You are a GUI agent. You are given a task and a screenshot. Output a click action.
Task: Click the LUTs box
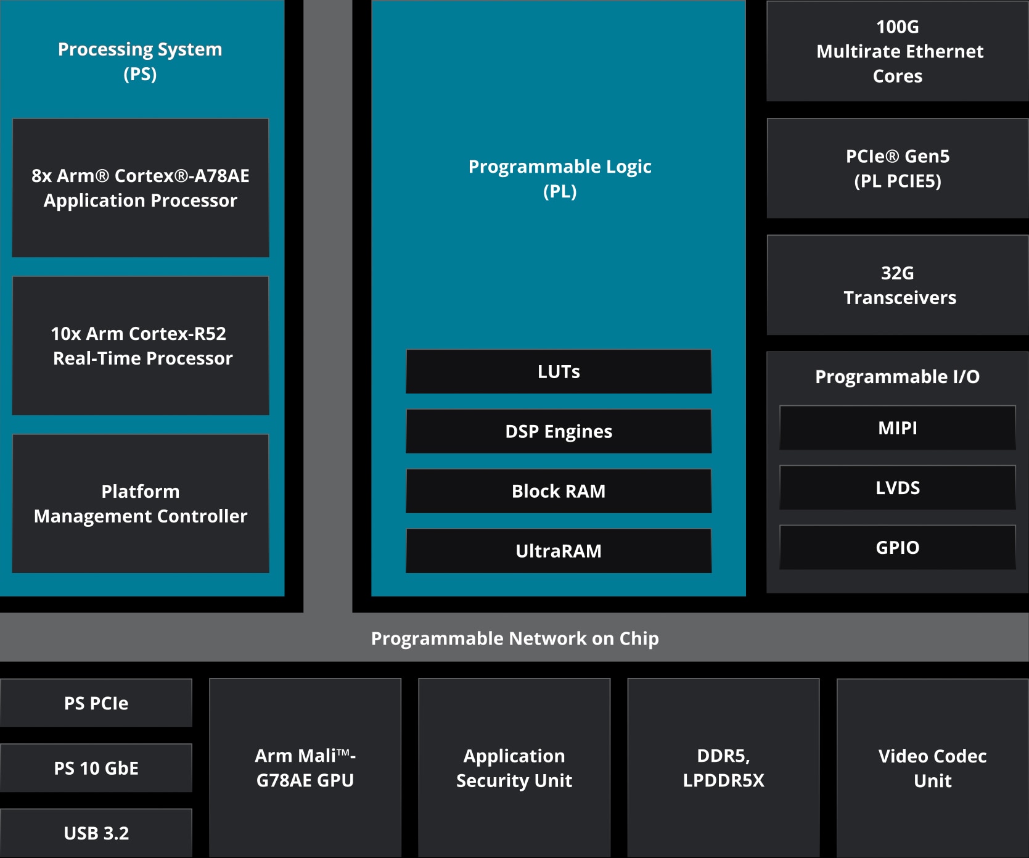(559, 371)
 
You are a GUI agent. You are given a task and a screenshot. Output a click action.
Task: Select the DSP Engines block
(559, 431)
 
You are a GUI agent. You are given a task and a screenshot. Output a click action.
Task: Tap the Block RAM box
(559, 491)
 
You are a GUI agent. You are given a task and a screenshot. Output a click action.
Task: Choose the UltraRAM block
(559, 551)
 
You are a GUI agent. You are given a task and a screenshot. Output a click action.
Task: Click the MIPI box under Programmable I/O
(898, 427)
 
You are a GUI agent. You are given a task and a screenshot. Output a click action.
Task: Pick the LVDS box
(898, 487)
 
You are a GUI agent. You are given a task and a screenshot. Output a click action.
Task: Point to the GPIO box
(898, 547)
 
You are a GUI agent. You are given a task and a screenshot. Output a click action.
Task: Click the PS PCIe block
(96, 703)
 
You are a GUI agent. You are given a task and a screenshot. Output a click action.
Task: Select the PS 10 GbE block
(96, 768)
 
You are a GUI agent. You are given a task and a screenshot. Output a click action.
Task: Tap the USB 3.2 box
(96, 833)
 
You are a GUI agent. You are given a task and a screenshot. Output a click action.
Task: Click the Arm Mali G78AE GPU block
(305, 768)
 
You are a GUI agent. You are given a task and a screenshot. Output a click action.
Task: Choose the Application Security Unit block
(514, 768)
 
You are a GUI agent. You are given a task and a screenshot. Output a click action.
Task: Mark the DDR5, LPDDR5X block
(723, 768)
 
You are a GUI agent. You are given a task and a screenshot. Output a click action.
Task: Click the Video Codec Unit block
(933, 768)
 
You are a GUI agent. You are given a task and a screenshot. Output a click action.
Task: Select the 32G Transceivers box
(898, 285)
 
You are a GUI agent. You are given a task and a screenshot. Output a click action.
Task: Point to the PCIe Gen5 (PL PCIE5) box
(898, 168)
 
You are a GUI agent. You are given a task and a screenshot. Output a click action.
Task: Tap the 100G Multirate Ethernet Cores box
(898, 51)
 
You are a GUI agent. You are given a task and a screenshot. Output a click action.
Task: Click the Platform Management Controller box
(141, 503)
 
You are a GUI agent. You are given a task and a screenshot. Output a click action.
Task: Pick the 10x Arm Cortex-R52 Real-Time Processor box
(141, 345)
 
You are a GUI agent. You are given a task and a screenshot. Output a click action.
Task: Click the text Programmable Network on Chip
(515, 638)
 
